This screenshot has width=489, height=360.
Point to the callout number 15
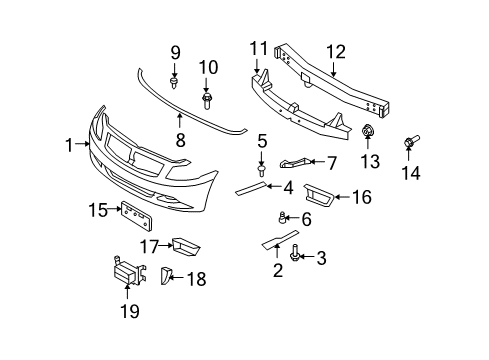97,209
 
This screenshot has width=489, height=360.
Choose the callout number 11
259,49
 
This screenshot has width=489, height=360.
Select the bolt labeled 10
208,99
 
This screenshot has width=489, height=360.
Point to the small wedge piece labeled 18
166,277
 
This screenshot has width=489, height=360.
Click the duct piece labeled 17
184,245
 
